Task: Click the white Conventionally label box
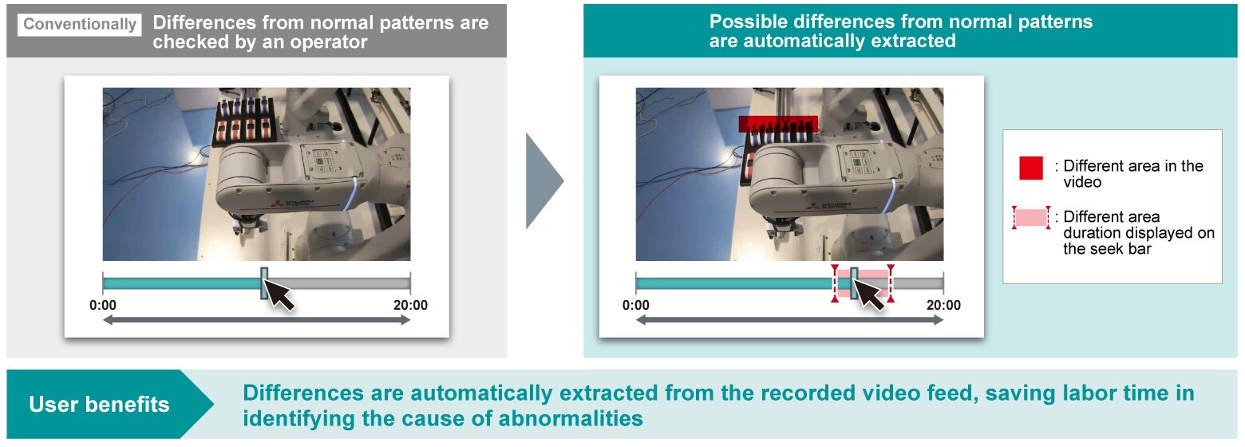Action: point(80,25)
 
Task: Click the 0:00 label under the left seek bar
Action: point(103,305)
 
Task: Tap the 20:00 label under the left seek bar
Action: point(410,305)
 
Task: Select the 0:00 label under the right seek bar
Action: point(635,305)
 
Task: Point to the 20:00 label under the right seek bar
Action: point(943,305)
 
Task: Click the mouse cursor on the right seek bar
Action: point(869,295)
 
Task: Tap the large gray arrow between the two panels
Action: point(544,180)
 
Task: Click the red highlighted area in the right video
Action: point(778,124)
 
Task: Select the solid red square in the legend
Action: point(1031,168)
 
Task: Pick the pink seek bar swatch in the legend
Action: point(1031,217)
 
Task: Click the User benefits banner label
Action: point(99,404)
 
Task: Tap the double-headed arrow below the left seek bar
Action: point(257,320)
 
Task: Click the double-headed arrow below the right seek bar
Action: point(789,320)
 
